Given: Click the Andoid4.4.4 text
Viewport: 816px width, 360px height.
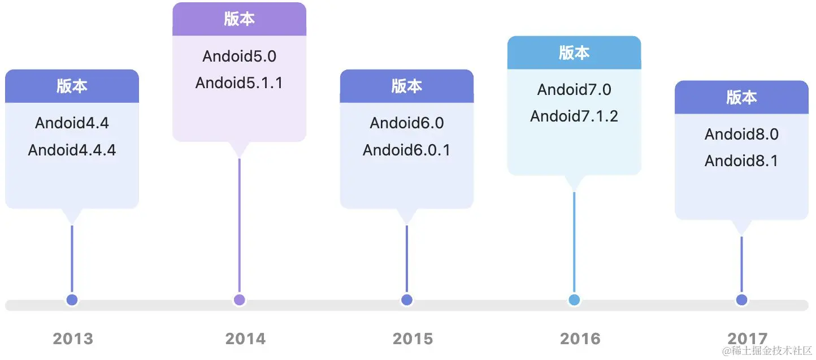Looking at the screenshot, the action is pyautogui.click(x=72, y=150).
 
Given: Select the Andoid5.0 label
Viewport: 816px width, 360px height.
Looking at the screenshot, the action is pyautogui.click(x=239, y=56).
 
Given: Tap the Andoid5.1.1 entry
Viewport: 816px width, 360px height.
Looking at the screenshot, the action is pyautogui.click(x=239, y=83).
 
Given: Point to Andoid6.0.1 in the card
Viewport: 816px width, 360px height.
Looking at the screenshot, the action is pyautogui.click(x=406, y=150).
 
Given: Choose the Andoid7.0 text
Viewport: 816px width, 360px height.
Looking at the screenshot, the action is pyautogui.click(x=574, y=89).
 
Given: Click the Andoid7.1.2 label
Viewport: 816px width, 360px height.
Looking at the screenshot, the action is pyautogui.click(x=574, y=116).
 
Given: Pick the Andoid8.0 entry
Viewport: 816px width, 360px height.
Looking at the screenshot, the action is pyautogui.click(x=741, y=134).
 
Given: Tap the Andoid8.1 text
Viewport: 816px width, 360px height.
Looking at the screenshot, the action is pyautogui.click(x=741, y=161).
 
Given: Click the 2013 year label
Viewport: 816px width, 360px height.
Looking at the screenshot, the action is pyautogui.click(x=72, y=339).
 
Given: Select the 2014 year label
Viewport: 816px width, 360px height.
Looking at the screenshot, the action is pyautogui.click(x=245, y=339).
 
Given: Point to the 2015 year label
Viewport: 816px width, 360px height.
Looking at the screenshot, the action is pyautogui.click(x=413, y=339).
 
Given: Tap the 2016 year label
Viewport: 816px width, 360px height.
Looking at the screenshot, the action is pyautogui.click(x=580, y=339).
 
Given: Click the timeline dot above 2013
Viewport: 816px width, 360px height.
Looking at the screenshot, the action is pyautogui.click(x=72, y=300).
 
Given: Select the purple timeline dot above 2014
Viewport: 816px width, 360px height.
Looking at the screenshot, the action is pyautogui.click(x=239, y=300).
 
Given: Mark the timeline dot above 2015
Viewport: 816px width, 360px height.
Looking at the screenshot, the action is pyautogui.click(x=406, y=300).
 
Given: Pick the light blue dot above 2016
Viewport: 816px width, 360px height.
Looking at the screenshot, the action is pyautogui.click(x=574, y=300).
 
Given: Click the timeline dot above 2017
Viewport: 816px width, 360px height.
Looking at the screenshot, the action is pyautogui.click(x=741, y=300).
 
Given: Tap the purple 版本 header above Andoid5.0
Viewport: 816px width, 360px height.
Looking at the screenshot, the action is pyautogui.click(x=239, y=19).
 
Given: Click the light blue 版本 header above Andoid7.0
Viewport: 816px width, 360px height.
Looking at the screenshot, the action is pyautogui.click(x=574, y=53).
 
